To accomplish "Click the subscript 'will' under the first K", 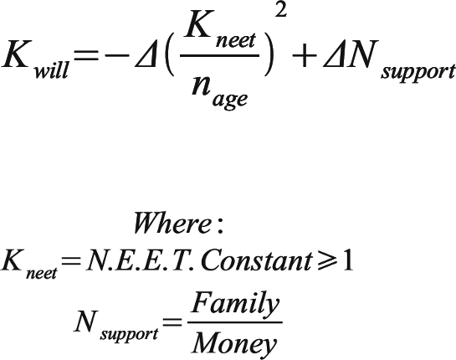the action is coord(51,69).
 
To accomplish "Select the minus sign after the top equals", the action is coord(117,55).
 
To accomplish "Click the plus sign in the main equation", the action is coord(305,55).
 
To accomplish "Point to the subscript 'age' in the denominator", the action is coord(230,100).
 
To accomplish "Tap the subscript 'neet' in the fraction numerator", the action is coord(236,40).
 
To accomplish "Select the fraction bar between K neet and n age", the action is coord(219,55).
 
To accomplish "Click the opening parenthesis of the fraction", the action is coord(169,55).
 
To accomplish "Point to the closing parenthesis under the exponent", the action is coord(269,55).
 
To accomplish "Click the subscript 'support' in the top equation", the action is coord(418,70).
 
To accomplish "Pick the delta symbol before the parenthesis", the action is coord(146,55).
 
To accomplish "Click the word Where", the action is coord(172,224).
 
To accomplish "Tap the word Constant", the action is coord(257,260).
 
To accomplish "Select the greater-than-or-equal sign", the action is coord(326,260).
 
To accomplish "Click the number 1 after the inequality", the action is coord(347,260).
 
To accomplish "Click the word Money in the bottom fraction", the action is coord(234,343).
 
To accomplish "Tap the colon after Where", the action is coord(220,225).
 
